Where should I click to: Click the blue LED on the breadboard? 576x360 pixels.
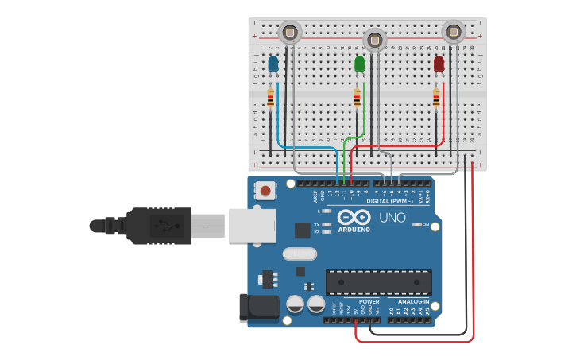pos(273,64)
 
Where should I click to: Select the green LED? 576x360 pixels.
pos(359,64)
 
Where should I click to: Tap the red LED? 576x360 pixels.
pos(439,64)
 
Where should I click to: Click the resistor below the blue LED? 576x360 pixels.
pos(271,99)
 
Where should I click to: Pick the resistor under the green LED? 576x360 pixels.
pos(357,99)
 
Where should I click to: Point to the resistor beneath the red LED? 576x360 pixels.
pos(435,99)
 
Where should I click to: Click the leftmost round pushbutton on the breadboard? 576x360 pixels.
pos(290,33)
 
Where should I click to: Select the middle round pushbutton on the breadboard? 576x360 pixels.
pos(374,39)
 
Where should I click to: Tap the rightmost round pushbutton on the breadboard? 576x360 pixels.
pos(453,32)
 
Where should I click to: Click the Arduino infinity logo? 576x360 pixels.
pos(353,217)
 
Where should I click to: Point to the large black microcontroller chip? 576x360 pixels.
pos(379,282)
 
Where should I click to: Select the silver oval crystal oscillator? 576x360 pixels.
pos(299,254)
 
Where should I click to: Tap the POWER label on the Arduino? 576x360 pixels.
pos(369,302)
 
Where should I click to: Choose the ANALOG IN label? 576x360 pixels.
pos(414,302)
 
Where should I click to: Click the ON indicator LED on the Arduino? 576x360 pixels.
pos(416,224)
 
